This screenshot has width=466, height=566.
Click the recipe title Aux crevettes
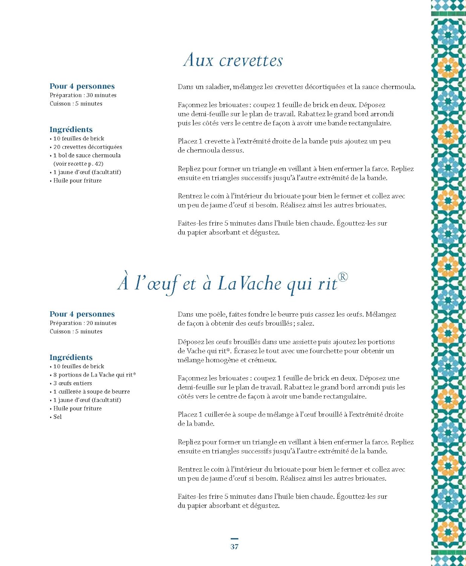pyautogui.click(x=233, y=60)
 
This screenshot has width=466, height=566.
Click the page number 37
pyautogui.click(x=235, y=547)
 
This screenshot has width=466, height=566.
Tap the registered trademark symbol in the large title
pyautogui.click(x=343, y=277)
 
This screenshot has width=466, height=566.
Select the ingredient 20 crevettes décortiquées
pyautogui.click(x=87, y=147)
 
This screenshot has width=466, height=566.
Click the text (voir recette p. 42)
pyautogui.click(x=78, y=164)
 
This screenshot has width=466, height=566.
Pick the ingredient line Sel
pyautogui.click(x=57, y=417)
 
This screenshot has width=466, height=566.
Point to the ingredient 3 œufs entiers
pyautogui.click(x=72, y=383)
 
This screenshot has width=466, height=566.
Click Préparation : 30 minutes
pyautogui.click(x=83, y=95)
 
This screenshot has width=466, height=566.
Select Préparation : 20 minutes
pyautogui.click(x=83, y=323)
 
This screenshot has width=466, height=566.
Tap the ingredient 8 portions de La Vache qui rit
pyautogui.click(x=94, y=375)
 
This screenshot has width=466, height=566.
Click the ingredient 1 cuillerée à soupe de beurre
pyautogui.click(x=91, y=392)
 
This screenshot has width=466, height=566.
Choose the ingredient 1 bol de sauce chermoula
pyautogui.click(x=87, y=155)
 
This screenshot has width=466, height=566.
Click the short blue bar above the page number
pyautogui.click(x=235, y=538)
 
